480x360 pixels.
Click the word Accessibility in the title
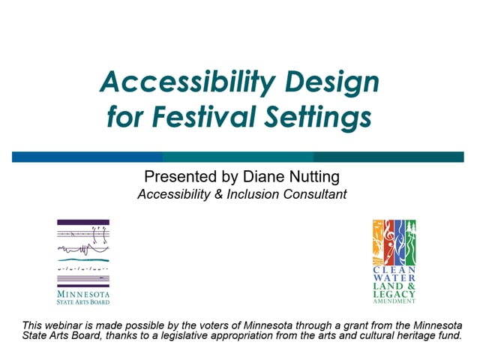point(187,82)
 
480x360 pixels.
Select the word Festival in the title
point(203,117)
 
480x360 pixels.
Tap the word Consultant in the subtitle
point(315,194)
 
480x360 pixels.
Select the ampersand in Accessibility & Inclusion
point(218,194)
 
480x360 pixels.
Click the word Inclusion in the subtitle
point(253,194)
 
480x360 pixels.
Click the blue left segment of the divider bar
point(87,157)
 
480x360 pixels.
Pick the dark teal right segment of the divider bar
point(388,157)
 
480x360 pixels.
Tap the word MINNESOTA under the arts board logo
point(83,294)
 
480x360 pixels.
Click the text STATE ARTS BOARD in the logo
point(83,302)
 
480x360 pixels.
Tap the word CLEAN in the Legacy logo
point(394,270)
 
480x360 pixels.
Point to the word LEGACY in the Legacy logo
point(394,294)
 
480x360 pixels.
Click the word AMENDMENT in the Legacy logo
point(394,301)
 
